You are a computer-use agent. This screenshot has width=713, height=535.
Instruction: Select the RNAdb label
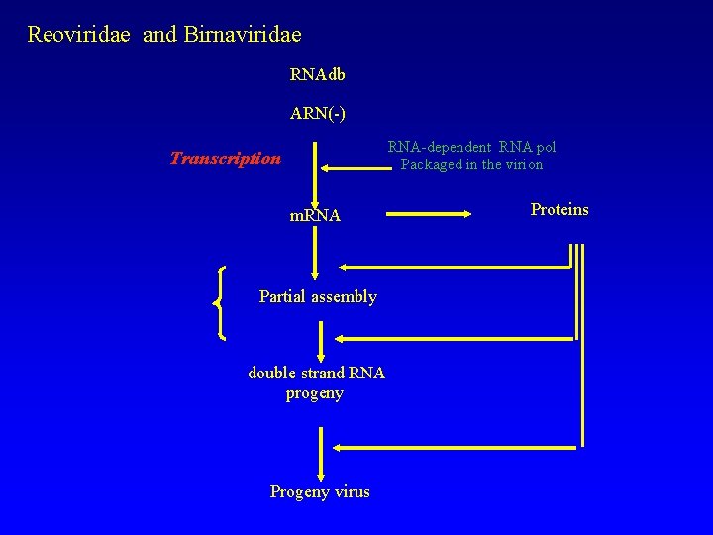click(x=317, y=75)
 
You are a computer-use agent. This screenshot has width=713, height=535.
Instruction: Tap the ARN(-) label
click(x=317, y=114)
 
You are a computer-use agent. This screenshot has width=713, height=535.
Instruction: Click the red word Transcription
click(x=225, y=159)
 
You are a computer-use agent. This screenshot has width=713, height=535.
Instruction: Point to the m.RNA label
click(x=314, y=216)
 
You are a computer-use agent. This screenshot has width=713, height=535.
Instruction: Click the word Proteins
click(x=559, y=210)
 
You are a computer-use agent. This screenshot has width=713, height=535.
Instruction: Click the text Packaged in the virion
click(x=471, y=165)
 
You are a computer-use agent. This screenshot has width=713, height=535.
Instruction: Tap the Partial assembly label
click(x=317, y=297)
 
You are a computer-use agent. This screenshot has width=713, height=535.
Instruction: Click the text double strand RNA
click(x=316, y=374)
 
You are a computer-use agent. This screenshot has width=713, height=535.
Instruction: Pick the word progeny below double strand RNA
click(x=314, y=393)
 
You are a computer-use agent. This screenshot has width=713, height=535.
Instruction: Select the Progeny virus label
click(x=319, y=492)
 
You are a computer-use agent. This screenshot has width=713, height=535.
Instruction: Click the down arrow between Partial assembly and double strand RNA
click(x=321, y=342)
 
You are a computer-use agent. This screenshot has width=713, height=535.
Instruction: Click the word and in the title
click(x=158, y=35)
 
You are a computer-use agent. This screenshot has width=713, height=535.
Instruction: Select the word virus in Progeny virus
click(x=351, y=492)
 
